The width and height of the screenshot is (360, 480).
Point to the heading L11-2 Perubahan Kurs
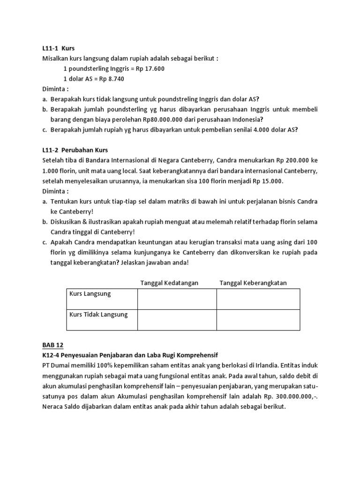(72, 150)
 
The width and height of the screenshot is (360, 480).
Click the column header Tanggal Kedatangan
(170, 283)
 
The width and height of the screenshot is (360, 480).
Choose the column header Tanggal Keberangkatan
(253, 283)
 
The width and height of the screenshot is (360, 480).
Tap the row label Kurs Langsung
(90, 293)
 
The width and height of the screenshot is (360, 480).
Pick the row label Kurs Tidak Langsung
(98, 315)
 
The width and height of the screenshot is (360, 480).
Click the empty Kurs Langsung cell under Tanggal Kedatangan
(177, 299)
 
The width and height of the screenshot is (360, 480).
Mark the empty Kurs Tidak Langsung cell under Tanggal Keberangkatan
(258, 320)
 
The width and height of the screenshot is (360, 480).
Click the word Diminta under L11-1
(52, 89)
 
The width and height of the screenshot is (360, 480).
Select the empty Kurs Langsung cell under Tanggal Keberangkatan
(258, 299)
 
